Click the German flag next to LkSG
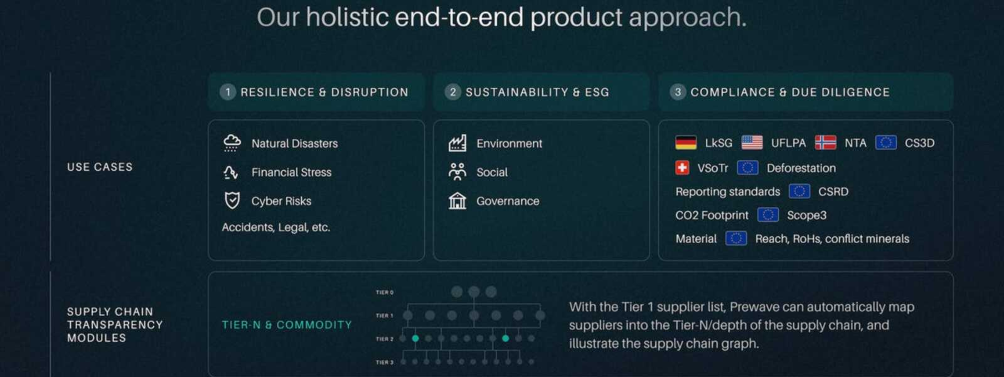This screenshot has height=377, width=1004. tap(686, 143)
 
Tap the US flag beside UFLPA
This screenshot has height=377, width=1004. tap(752, 143)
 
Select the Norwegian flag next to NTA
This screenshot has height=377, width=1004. tap(825, 143)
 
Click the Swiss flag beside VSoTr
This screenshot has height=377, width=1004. tap(682, 168)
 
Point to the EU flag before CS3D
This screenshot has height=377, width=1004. tap(885, 143)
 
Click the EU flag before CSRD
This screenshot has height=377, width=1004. tap(799, 192)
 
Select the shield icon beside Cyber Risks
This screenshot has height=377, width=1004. tap(232, 201)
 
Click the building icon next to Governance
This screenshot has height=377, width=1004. tap(457, 201)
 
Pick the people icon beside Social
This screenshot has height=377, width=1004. tap(457, 172)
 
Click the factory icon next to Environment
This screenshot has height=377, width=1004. tap(457, 143)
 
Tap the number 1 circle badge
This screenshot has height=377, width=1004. tap(228, 92)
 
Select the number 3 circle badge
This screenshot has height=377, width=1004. tap(678, 92)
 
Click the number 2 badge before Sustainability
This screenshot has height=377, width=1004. tap(453, 92)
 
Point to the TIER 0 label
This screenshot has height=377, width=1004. tap(385, 293)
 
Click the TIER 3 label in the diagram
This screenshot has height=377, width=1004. tap(385, 362)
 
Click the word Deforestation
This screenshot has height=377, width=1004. tap(801, 168)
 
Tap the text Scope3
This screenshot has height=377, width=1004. tap(807, 216)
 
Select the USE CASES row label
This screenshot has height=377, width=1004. tap(100, 167)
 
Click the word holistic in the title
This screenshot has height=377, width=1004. tap(347, 17)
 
